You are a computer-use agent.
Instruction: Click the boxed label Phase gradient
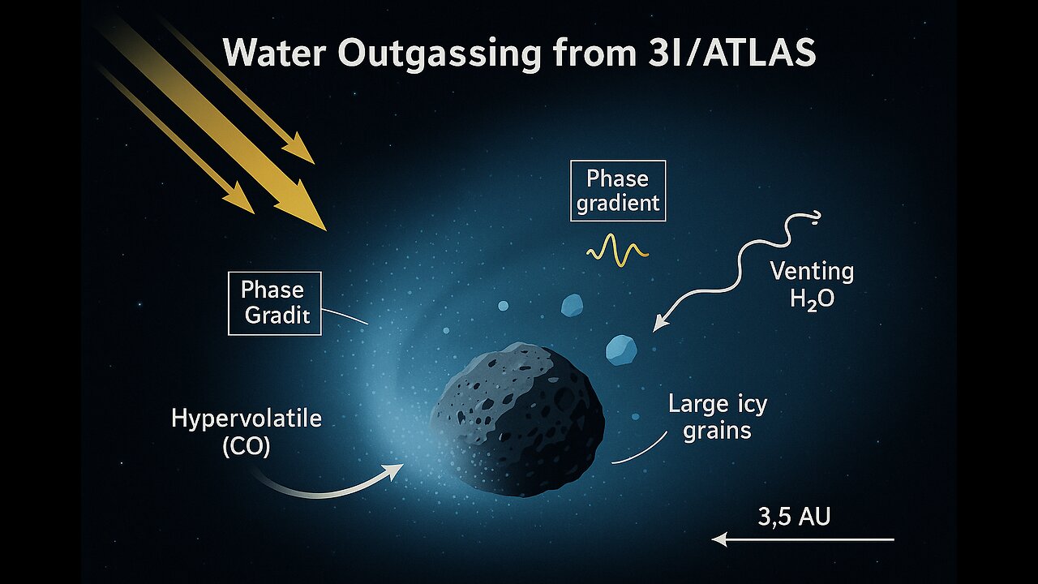(x=618, y=191)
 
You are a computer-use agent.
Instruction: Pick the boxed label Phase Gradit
(x=275, y=303)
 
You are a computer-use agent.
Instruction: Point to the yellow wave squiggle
(x=617, y=251)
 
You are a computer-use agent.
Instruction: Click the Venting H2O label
(x=813, y=286)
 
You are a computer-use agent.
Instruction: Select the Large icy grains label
(x=718, y=418)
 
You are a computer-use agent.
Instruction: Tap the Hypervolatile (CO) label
(x=247, y=433)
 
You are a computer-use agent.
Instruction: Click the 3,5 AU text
(x=794, y=517)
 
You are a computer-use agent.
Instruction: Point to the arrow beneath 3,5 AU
(x=803, y=539)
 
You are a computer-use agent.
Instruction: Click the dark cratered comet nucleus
(x=517, y=419)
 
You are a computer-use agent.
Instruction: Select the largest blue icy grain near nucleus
(x=621, y=350)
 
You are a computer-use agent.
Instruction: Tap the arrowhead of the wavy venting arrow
(x=658, y=325)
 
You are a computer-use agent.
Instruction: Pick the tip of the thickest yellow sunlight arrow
(x=326, y=230)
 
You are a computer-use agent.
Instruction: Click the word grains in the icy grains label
(x=718, y=431)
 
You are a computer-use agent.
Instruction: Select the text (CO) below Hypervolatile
(x=246, y=447)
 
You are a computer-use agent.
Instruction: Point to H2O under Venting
(x=812, y=299)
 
